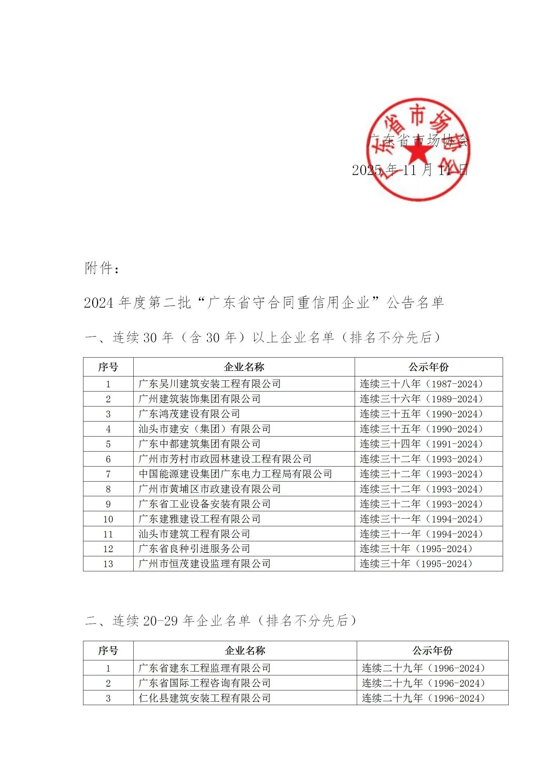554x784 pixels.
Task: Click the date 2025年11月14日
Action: tap(410, 170)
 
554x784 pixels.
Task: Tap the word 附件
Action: tap(99, 268)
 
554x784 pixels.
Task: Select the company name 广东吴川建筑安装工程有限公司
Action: tap(209, 384)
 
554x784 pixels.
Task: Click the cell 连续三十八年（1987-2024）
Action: tap(421, 384)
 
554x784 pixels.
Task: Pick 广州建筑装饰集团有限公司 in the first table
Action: tap(199, 399)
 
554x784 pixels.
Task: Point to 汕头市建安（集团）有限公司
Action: tap(205, 429)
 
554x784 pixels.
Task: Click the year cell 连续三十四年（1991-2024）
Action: tap(421, 444)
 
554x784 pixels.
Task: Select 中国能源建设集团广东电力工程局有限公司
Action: tap(235, 474)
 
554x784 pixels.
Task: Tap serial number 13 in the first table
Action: tap(108, 564)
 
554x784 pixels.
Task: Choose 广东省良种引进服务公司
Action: tap(194, 549)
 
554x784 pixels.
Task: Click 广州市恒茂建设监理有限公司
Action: tap(205, 564)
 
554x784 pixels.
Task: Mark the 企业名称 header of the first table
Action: tap(244, 367)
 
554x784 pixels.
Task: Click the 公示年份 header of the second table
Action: tap(433, 651)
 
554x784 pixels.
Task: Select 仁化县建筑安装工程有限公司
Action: tap(205, 698)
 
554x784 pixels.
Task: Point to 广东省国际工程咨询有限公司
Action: tap(205, 683)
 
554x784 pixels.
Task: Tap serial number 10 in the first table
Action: tap(108, 519)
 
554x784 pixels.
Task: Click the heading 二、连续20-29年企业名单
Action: tap(221, 620)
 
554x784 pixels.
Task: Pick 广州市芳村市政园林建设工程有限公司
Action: tap(225, 459)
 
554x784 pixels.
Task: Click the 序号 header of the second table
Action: tap(108, 651)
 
